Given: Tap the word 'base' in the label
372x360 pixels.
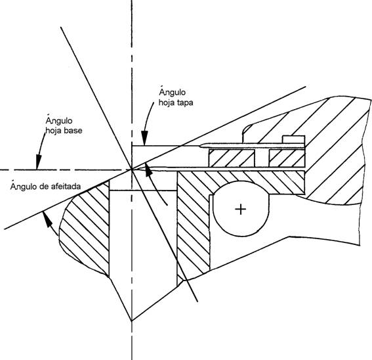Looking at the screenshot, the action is tap(73, 131).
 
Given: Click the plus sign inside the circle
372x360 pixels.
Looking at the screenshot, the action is tap(241, 210).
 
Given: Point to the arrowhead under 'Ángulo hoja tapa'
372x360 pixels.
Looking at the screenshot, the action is tap(145, 137).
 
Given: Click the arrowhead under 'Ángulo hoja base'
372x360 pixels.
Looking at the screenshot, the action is tap(39, 162).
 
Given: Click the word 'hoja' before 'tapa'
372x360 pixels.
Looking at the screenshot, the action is tap(166, 102).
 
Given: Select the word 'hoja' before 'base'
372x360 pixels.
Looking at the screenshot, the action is tap(53, 131).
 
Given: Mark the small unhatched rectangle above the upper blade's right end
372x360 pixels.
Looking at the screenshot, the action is tap(293, 139).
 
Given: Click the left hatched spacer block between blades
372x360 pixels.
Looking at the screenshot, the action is tap(232, 158).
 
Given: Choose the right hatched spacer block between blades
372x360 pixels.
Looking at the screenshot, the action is tap(287, 158).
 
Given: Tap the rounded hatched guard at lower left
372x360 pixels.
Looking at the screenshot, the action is tap(85, 228).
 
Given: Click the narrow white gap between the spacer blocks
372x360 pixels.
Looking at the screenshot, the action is tap(262, 158).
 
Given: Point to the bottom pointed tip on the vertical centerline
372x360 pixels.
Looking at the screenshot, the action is tap(132, 321).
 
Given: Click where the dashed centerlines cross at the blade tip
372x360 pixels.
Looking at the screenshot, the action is tap(132, 169).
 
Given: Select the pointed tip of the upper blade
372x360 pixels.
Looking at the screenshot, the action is tap(201, 146).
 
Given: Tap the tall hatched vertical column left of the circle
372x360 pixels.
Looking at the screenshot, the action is tap(193, 226).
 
